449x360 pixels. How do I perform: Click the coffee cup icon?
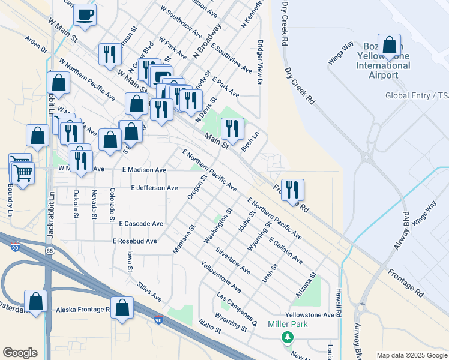(85, 14)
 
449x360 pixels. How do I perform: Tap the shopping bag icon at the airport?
(390, 46)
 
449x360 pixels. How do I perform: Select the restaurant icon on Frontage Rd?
(292, 190)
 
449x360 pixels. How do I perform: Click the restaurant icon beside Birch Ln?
(232, 128)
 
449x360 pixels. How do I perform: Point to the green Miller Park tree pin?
(288, 337)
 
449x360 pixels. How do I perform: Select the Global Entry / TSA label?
(417, 95)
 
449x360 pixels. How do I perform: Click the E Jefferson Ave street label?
(154, 188)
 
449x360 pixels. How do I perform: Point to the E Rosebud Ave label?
(134, 241)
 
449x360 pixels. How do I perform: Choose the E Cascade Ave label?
(141, 223)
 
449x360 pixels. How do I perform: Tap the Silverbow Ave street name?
(233, 261)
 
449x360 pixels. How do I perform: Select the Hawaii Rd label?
(339, 302)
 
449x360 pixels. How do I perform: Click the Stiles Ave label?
(149, 292)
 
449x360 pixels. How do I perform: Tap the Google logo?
(20, 353)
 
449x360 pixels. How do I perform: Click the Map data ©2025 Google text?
(411, 355)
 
